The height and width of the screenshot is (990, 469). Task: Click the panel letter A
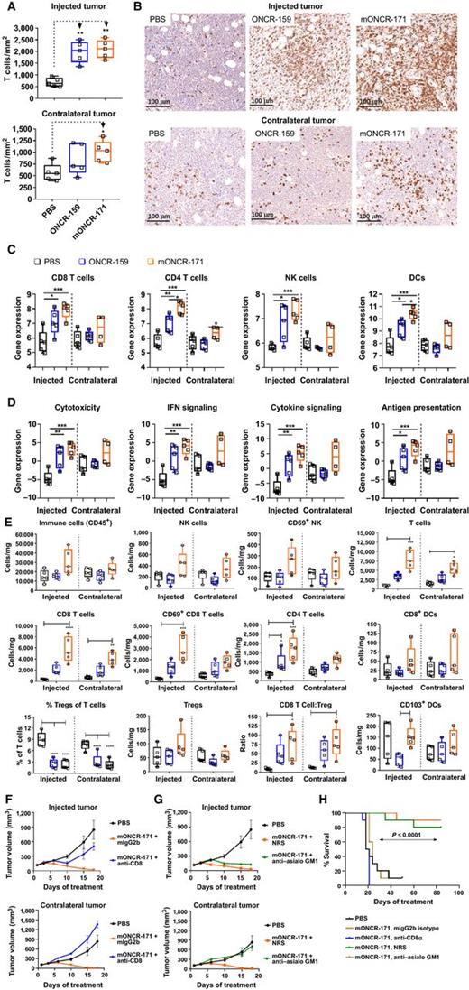[8, 7]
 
